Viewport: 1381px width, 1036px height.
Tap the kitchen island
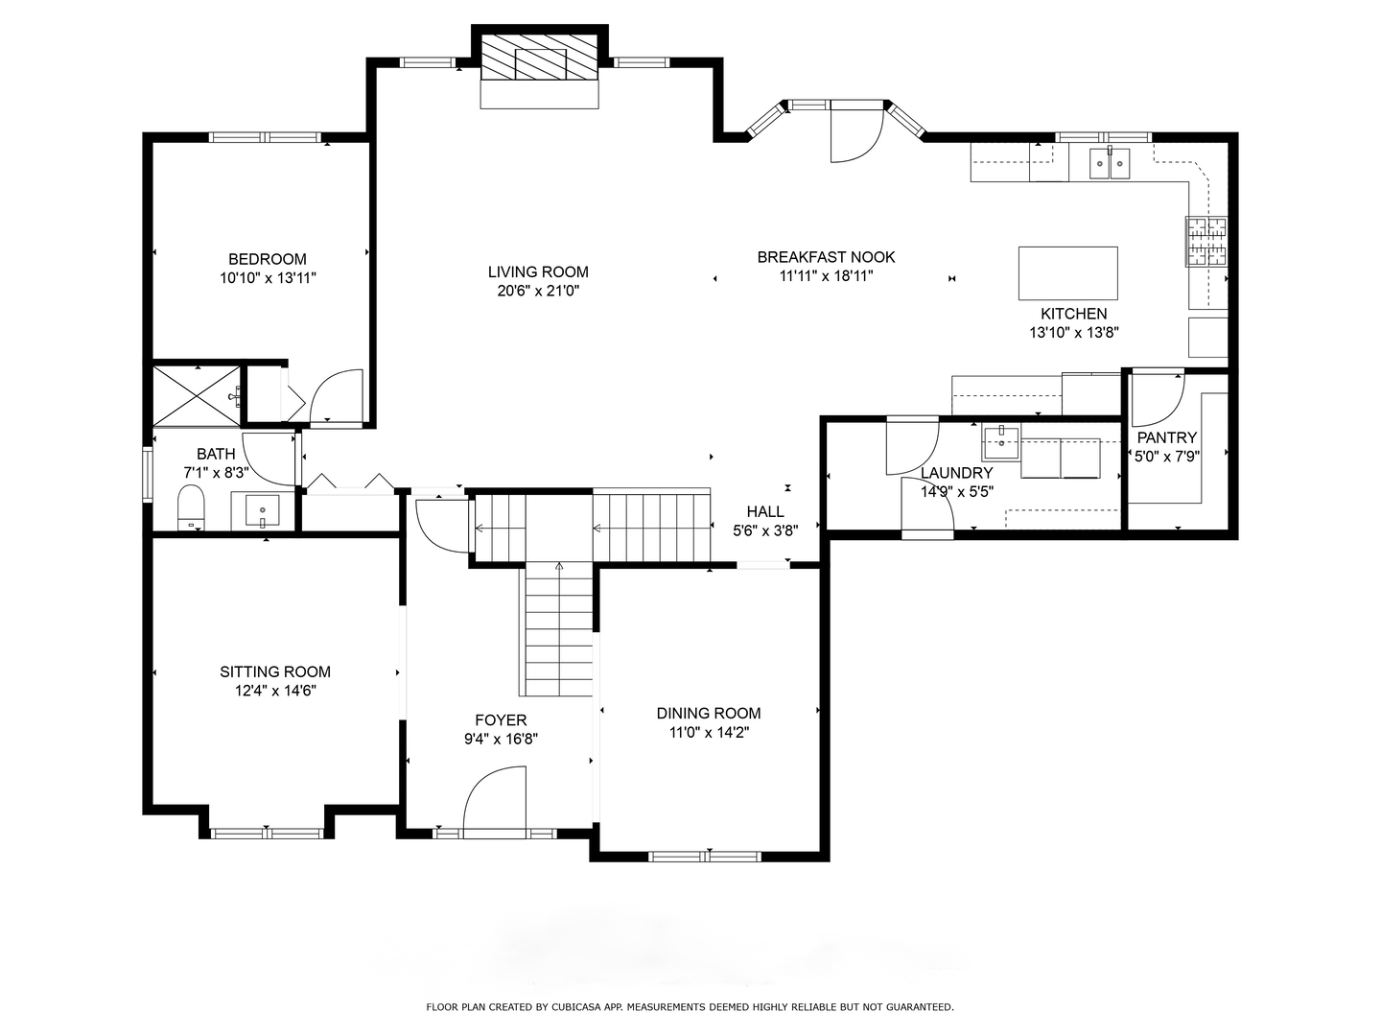1067,274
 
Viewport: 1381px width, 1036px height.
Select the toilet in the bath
192,507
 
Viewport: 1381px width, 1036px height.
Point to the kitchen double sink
1110,163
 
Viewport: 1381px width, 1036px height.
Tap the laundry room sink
1001,442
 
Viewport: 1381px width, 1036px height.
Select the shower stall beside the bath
195,393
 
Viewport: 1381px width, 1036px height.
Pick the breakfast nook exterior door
854,131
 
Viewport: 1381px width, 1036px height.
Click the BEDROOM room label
268,259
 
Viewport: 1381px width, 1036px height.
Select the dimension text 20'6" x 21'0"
538,291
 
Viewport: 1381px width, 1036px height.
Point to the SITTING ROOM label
275,672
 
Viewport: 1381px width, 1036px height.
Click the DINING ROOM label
709,714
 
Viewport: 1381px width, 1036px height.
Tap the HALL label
765,512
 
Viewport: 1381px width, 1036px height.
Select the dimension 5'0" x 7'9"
1167,457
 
